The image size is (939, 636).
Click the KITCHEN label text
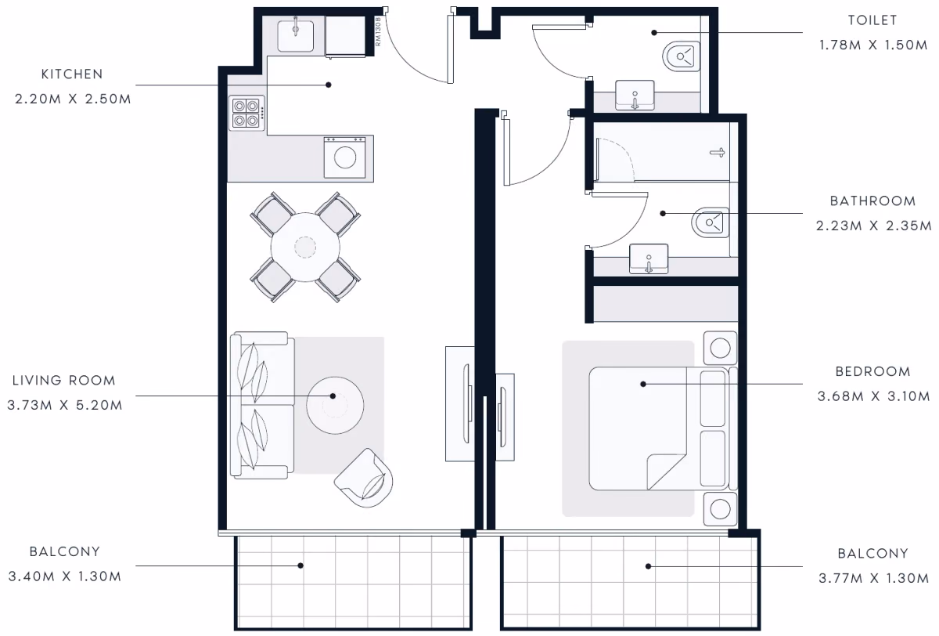tap(72, 74)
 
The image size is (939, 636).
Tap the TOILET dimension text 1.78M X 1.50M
tap(873, 45)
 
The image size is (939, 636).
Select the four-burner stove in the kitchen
tap(247, 113)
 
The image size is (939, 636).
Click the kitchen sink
tap(296, 35)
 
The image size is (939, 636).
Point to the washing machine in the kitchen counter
tap(344, 157)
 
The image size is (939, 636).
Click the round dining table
tap(305, 247)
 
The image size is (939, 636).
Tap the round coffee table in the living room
tap(335, 405)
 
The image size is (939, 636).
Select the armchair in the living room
tap(364, 478)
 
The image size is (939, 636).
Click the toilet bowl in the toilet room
tap(682, 56)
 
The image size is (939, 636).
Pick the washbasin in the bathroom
tap(649, 258)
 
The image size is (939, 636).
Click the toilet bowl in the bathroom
tap(711, 222)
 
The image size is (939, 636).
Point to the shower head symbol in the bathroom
tap(718, 152)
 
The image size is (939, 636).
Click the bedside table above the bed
tap(720, 348)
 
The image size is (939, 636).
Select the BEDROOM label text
tap(873, 372)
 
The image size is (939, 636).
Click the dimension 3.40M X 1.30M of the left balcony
tap(65, 576)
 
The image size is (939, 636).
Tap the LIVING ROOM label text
tap(63, 381)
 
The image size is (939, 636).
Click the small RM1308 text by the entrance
tap(378, 31)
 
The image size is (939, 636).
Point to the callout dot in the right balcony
tap(648, 566)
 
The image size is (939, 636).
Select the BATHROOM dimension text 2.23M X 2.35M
tap(873, 226)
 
